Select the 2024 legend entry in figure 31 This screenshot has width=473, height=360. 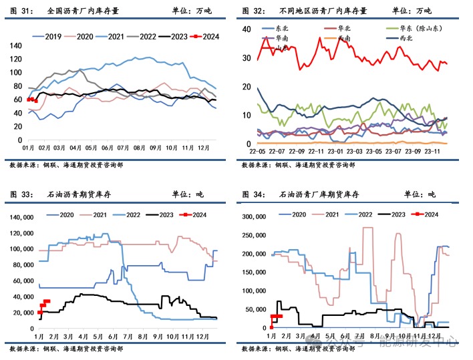pyautogui.click(x=204, y=35)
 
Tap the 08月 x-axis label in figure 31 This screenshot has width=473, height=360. pyautogui.click(x=140, y=148)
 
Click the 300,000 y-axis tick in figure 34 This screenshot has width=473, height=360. pyautogui.click(x=254, y=217)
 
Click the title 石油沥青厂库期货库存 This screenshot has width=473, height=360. pyautogui.click(x=319, y=195)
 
